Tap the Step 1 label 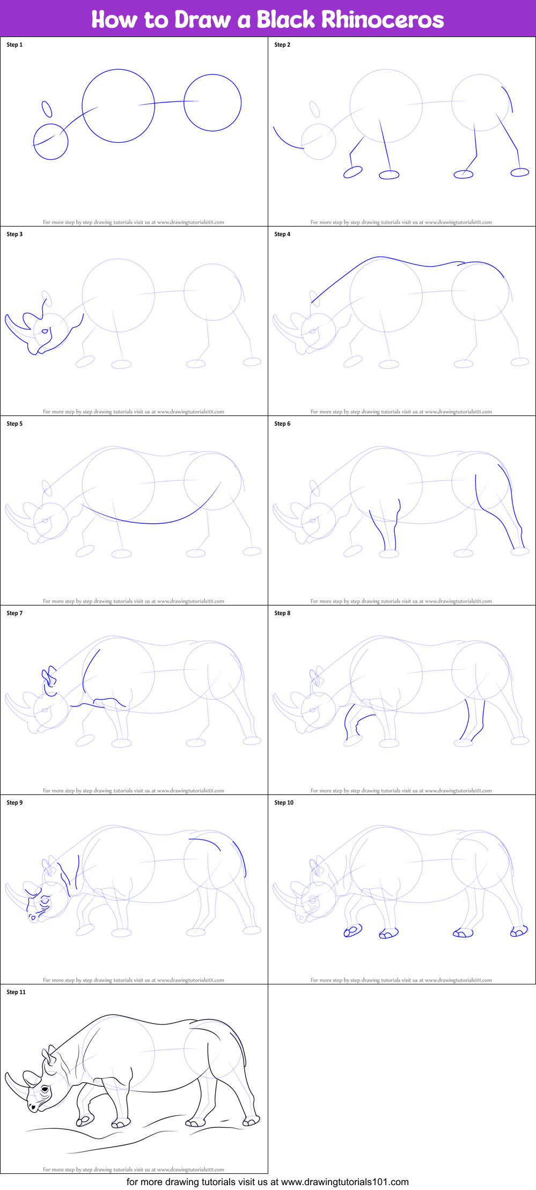[14, 45]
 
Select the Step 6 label [282, 424]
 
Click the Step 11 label [16, 992]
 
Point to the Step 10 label [284, 802]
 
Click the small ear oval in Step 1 [47, 109]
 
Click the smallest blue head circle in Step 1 [51, 142]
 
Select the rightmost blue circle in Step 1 [212, 103]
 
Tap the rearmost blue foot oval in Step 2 [520, 172]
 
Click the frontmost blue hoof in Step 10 [353, 931]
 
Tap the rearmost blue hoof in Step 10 [519, 931]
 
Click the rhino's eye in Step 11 [45, 1089]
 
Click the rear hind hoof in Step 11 [251, 1121]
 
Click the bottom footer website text [267, 1181]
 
